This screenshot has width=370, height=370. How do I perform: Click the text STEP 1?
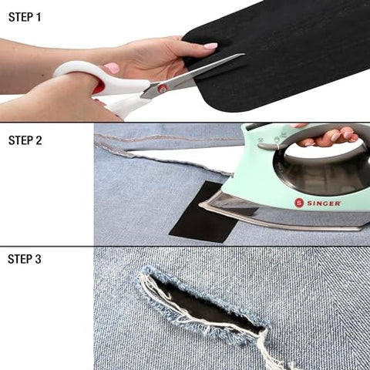pos(24,16)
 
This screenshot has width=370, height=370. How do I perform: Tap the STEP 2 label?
pos(25,140)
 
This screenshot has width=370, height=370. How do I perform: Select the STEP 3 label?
pos(25,259)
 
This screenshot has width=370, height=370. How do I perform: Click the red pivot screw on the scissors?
pos(163,88)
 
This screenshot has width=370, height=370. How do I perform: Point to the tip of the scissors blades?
pos(242,55)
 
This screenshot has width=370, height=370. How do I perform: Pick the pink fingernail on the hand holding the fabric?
pos(210,46)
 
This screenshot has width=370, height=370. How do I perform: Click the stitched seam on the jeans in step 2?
pos(170,138)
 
